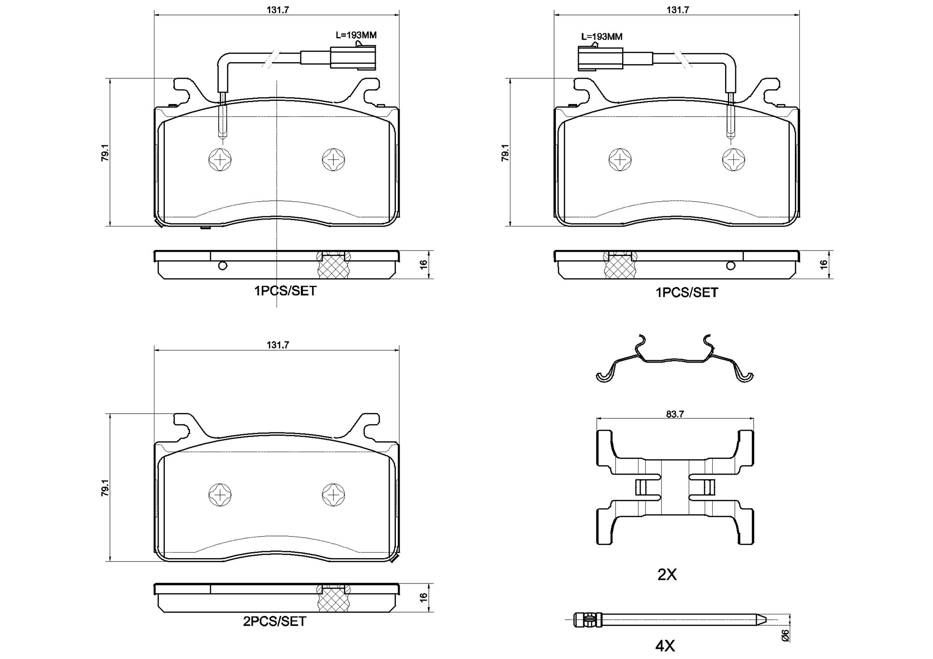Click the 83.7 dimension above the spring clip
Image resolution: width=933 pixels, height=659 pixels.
tap(675, 414)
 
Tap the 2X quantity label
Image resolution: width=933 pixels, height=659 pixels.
tap(667, 575)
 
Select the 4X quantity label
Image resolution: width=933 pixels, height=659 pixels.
tap(665, 646)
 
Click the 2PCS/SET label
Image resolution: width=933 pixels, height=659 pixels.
tap(275, 621)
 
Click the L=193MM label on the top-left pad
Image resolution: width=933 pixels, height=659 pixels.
tap(356, 35)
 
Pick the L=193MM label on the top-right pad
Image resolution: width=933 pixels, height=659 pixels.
tap(601, 37)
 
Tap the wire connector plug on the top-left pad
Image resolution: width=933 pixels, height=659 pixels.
tap(353, 57)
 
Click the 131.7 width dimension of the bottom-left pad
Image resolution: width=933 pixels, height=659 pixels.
tap(278, 345)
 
